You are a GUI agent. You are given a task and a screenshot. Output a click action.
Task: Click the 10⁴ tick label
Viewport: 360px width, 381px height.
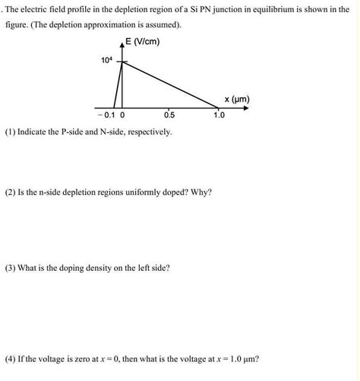click(x=107, y=60)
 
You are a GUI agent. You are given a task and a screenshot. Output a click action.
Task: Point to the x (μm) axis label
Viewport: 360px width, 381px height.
click(x=237, y=99)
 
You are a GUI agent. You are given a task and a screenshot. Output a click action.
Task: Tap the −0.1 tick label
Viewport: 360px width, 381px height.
click(x=106, y=115)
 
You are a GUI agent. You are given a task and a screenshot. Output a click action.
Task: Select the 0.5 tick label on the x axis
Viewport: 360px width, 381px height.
click(x=169, y=115)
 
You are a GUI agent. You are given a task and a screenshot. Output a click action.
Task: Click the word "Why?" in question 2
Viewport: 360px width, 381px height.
click(x=201, y=191)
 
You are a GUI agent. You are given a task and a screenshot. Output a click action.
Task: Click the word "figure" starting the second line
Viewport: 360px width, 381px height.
click(x=17, y=24)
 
